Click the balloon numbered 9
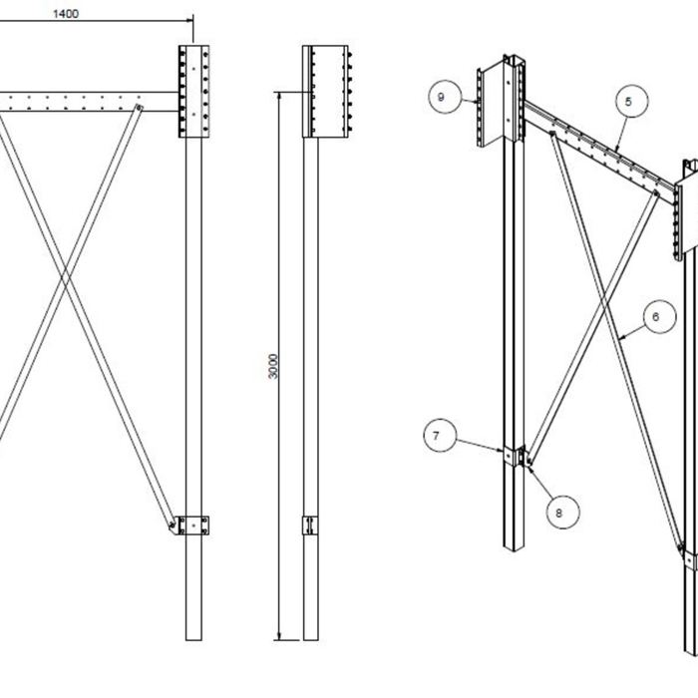click(441, 97)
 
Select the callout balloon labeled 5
click(628, 101)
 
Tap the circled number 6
click(655, 318)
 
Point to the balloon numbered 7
click(437, 437)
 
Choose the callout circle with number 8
click(558, 513)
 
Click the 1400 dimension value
click(66, 14)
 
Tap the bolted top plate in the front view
click(193, 91)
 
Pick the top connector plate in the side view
click(326, 91)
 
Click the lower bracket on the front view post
click(191, 524)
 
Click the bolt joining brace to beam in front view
click(139, 108)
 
